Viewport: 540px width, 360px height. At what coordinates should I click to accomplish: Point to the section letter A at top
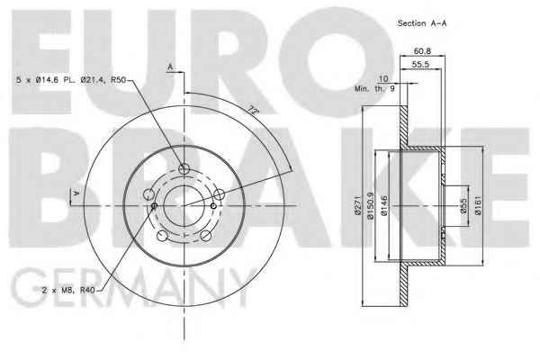(169, 66)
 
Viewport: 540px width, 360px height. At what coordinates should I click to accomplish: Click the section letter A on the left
(76, 193)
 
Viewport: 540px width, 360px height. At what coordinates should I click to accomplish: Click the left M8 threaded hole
(155, 206)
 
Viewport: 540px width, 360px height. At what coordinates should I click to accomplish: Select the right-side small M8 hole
(219, 193)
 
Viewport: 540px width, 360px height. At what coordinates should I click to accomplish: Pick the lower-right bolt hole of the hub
(205, 235)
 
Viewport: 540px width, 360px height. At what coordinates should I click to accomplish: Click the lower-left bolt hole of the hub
(162, 236)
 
